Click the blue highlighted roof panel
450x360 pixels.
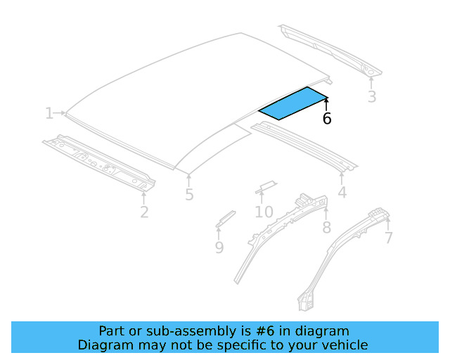pyautogui.click(x=293, y=103)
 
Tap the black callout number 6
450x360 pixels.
pyautogui.click(x=327, y=119)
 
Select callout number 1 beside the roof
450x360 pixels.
pyautogui.click(x=49, y=113)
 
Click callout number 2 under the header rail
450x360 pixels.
pyautogui.click(x=144, y=212)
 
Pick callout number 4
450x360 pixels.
pyautogui.click(x=342, y=193)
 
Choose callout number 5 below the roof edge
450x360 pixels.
pyautogui.click(x=189, y=195)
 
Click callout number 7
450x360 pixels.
pyautogui.click(x=388, y=238)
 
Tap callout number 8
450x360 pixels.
pyautogui.click(x=326, y=227)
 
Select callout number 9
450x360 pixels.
pyautogui.click(x=219, y=247)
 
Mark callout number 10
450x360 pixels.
pyautogui.click(x=264, y=212)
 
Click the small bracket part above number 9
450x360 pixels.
pyautogui.click(x=225, y=217)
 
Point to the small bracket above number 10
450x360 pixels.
pyautogui.click(x=265, y=186)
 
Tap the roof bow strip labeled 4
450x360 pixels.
pyautogui.click(x=302, y=145)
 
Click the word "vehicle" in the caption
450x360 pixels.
pyautogui.click(x=345, y=345)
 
